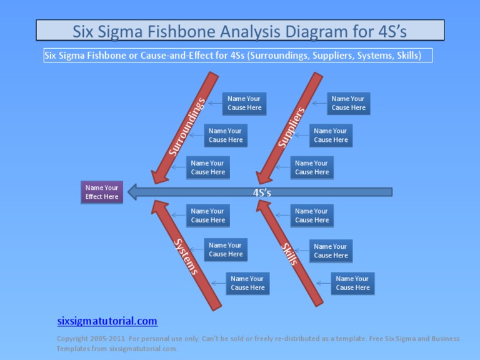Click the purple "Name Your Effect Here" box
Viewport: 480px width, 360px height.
(x=102, y=192)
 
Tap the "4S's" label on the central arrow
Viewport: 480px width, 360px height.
(x=262, y=192)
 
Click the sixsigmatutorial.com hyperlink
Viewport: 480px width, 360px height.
(x=107, y=321)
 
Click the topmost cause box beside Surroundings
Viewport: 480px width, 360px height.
(x=244, y=103)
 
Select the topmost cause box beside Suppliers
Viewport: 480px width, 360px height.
(x=348, y=103)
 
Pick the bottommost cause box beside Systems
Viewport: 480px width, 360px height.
(x=247, y=283)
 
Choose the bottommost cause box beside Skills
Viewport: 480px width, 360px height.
(x=352, y=283)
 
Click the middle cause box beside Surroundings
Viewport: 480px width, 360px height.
(x=226, y=136)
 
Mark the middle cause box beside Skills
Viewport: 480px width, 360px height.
(x=331, y=251)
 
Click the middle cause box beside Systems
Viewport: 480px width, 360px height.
(x=226, y=250)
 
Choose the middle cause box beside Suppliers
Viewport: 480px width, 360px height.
(x=331, y=136)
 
